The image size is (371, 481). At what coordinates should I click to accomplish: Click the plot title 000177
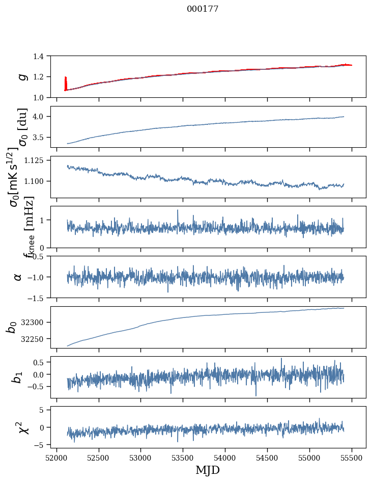pos(203,9)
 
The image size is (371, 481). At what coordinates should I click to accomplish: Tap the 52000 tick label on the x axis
pos(56,457)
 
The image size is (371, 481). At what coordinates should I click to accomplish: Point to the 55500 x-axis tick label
pos(352,457)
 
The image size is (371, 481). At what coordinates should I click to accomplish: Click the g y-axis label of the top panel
pos(21,76)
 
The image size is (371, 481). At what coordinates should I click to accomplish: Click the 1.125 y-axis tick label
pos(40,160)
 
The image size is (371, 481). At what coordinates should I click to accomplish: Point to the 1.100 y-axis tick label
pos(40,181)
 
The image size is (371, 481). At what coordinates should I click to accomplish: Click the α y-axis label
pos(18,277)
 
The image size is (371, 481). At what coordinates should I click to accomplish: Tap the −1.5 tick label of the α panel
pos(40,298)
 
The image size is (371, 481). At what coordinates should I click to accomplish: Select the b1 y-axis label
pos(18,377)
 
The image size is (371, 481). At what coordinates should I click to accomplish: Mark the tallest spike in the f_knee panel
pos(178,210)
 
